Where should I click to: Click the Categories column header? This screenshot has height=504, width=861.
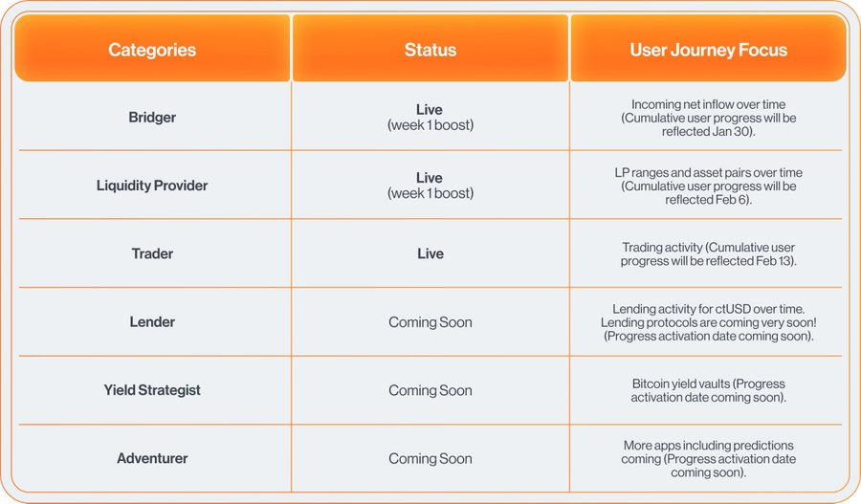click(152, 50)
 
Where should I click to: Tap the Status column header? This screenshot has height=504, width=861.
click(430, 50)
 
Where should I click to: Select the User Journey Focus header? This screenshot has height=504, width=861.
click(708, 50)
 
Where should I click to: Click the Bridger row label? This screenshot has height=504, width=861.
click(152, 118)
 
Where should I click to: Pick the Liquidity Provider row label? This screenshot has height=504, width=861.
click(152, 186)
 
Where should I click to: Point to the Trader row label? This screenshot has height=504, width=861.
click(152, 253)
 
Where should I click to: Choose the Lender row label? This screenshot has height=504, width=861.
click(152, 321)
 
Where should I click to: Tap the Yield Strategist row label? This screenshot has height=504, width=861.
click(152, 390)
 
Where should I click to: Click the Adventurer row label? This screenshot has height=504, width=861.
click(152, 458)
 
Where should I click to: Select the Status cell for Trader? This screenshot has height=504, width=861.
click(430, 253)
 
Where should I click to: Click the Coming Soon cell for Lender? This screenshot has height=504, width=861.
click(430, 322)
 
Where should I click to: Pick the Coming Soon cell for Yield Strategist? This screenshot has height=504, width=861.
click(430, 390)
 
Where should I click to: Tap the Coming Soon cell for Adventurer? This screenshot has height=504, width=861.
click(430, 458)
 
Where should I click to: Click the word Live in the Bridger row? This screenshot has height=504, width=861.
click(430, 110)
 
